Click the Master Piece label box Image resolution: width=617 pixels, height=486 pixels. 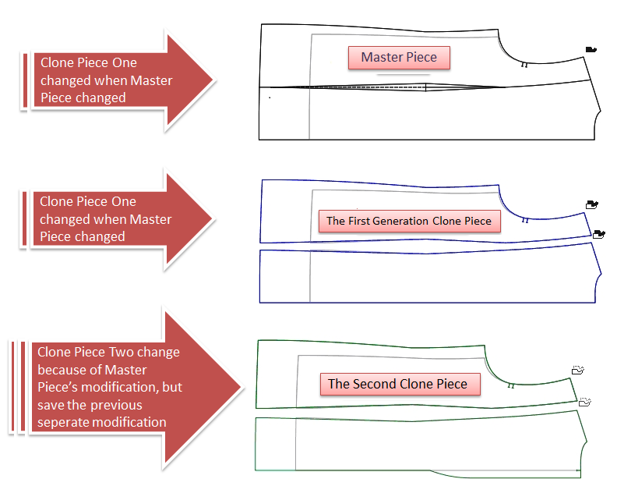(399, 57)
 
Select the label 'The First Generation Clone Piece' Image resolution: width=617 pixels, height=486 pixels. (409, 221)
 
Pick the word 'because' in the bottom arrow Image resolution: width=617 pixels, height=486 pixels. (60, 370)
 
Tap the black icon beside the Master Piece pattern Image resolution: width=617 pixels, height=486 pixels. (591, 50)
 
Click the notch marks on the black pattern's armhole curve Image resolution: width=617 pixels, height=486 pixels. (524, 66)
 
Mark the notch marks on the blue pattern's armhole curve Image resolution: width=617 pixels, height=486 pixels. (525, 221)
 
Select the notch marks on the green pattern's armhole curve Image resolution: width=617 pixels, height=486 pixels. (511, 385)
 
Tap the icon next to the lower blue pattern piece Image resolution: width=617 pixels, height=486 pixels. (598, 233)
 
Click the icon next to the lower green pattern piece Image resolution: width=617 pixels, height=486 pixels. (585, 402)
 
